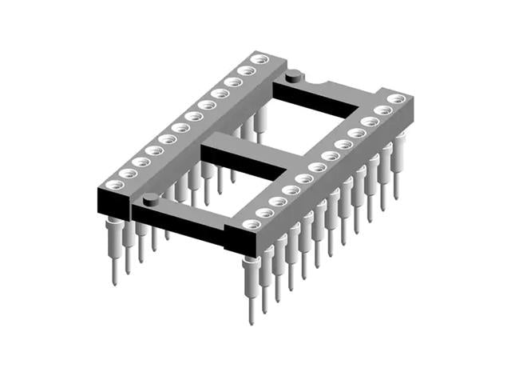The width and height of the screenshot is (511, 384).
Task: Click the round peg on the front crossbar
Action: [x=150, y=198]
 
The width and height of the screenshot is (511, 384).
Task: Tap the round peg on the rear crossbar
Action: [x=293, y=77]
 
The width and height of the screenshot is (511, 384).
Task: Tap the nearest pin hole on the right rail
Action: [x=252, y=224]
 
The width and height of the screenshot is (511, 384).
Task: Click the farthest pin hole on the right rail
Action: [x=394, y=99]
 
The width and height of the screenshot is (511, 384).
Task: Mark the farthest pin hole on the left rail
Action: [x=258, y=59]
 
